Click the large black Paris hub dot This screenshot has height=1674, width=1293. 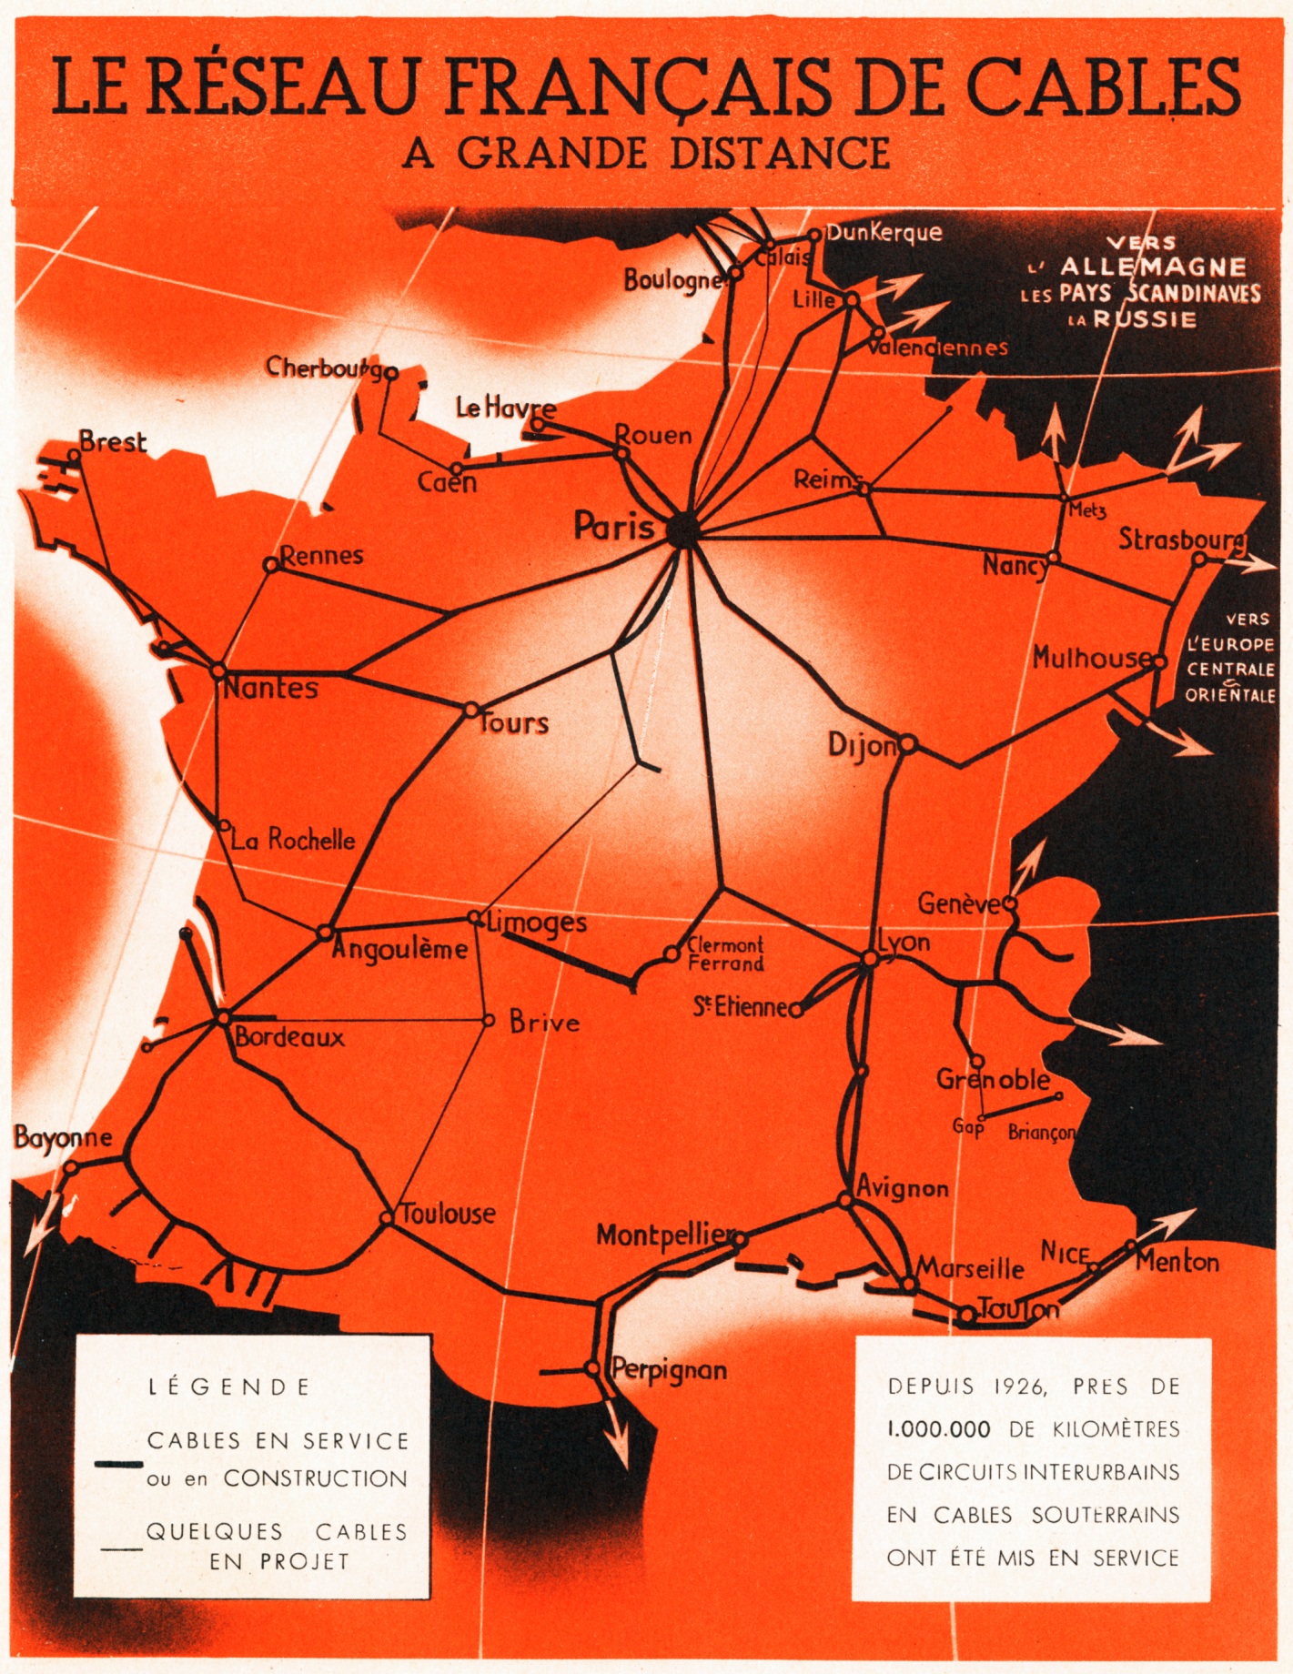point(681,529)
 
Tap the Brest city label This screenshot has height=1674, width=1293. point(112,442)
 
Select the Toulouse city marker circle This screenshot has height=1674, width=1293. point(387,1217)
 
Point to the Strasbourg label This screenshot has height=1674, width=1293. point(1181,540)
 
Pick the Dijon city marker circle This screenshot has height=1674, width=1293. point(907,745)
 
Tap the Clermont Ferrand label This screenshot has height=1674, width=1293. point(725,954)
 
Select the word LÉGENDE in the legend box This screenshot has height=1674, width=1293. point(229,1387)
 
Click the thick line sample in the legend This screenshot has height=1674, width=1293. point(118,1465)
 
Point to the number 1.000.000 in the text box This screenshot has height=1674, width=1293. point(939,1429)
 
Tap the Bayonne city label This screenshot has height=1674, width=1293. point(63,1137)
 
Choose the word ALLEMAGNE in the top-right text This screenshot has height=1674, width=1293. point(1153,267)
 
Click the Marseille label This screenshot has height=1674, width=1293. point(970,1268)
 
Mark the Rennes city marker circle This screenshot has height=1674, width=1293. point(270,565)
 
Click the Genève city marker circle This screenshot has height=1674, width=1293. point(1010,904)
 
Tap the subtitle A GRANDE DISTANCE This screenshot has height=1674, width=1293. point(646,153)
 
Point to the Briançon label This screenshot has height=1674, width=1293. point(1042,1133)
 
